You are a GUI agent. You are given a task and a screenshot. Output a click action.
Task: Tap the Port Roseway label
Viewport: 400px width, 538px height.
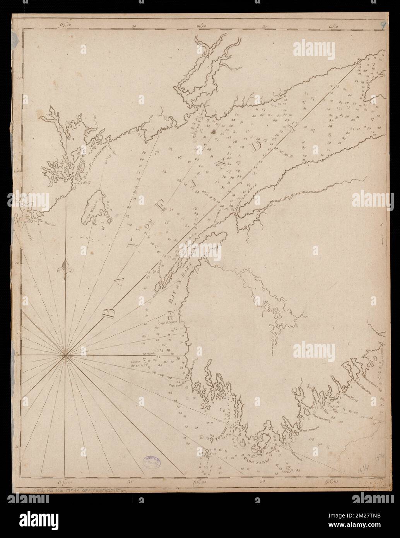click(321, 418)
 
